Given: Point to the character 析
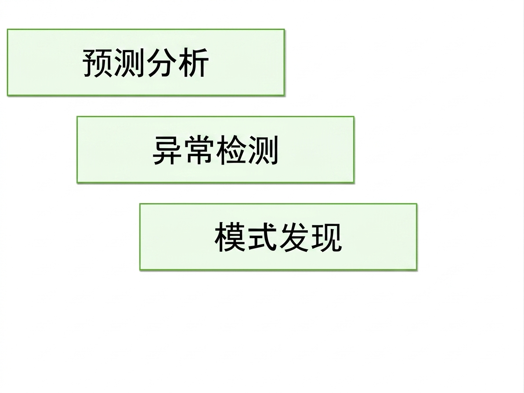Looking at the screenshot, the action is tap(193, 63).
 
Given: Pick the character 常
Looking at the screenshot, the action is tap(199, 150).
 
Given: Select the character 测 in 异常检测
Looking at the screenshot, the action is tap(263, 150).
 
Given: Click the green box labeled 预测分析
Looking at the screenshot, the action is tap(146, 63).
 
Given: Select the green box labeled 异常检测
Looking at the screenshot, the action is tap(215, 150).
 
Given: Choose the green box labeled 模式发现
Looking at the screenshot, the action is tap(278, 237).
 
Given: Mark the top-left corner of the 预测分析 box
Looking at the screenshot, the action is tap(7, 29).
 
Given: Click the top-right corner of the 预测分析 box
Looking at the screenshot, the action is tap(284, 29).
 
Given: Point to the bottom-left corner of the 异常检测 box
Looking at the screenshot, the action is tap(77, 183).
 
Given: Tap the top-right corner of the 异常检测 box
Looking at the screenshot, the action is tap(354, 116).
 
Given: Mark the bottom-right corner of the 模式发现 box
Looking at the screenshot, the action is tap(417, 270).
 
